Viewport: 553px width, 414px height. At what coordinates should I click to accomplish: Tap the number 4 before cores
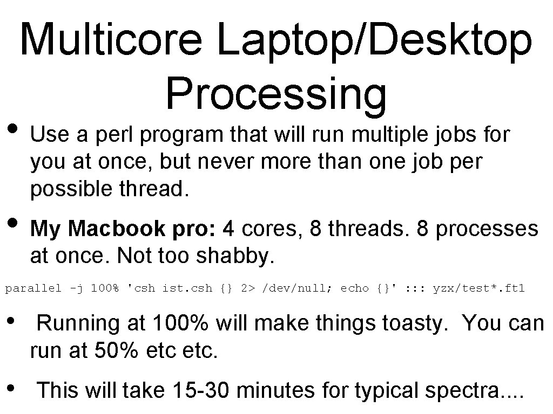click(228, 229)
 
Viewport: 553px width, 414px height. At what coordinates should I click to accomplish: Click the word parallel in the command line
click(33, 288)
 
